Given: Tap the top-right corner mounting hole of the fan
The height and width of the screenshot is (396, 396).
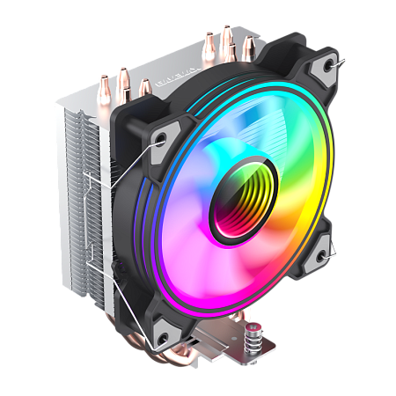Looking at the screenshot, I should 329,64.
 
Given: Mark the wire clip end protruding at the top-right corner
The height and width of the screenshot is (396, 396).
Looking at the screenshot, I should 341,61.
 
